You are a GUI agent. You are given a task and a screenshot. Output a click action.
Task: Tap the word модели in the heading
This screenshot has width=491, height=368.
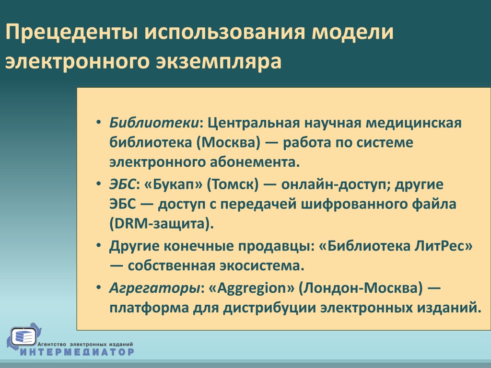click(352, 32)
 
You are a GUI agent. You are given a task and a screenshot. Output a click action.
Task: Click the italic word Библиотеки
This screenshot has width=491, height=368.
click(154, 123)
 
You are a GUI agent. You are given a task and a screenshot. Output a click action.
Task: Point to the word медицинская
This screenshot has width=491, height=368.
click(414, 123)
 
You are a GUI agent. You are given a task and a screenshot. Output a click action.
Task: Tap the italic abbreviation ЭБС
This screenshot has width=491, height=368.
click(122, 184)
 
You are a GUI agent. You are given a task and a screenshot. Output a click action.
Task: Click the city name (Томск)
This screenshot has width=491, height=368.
click(233, 184)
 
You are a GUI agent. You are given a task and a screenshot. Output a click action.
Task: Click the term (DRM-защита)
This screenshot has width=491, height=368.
click(162, 224)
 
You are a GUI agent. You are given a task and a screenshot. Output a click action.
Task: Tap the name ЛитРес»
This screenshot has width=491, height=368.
click(444, 246)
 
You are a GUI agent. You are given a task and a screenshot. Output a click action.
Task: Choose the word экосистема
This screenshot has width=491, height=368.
click(262, 265)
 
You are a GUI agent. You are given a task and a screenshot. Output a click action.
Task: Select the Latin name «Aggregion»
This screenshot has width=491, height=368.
click(251, 288)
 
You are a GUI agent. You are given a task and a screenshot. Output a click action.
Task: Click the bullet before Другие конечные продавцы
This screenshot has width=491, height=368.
click(99, 245)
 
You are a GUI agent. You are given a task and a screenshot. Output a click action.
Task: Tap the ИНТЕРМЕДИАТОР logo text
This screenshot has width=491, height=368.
click(77, 352)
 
